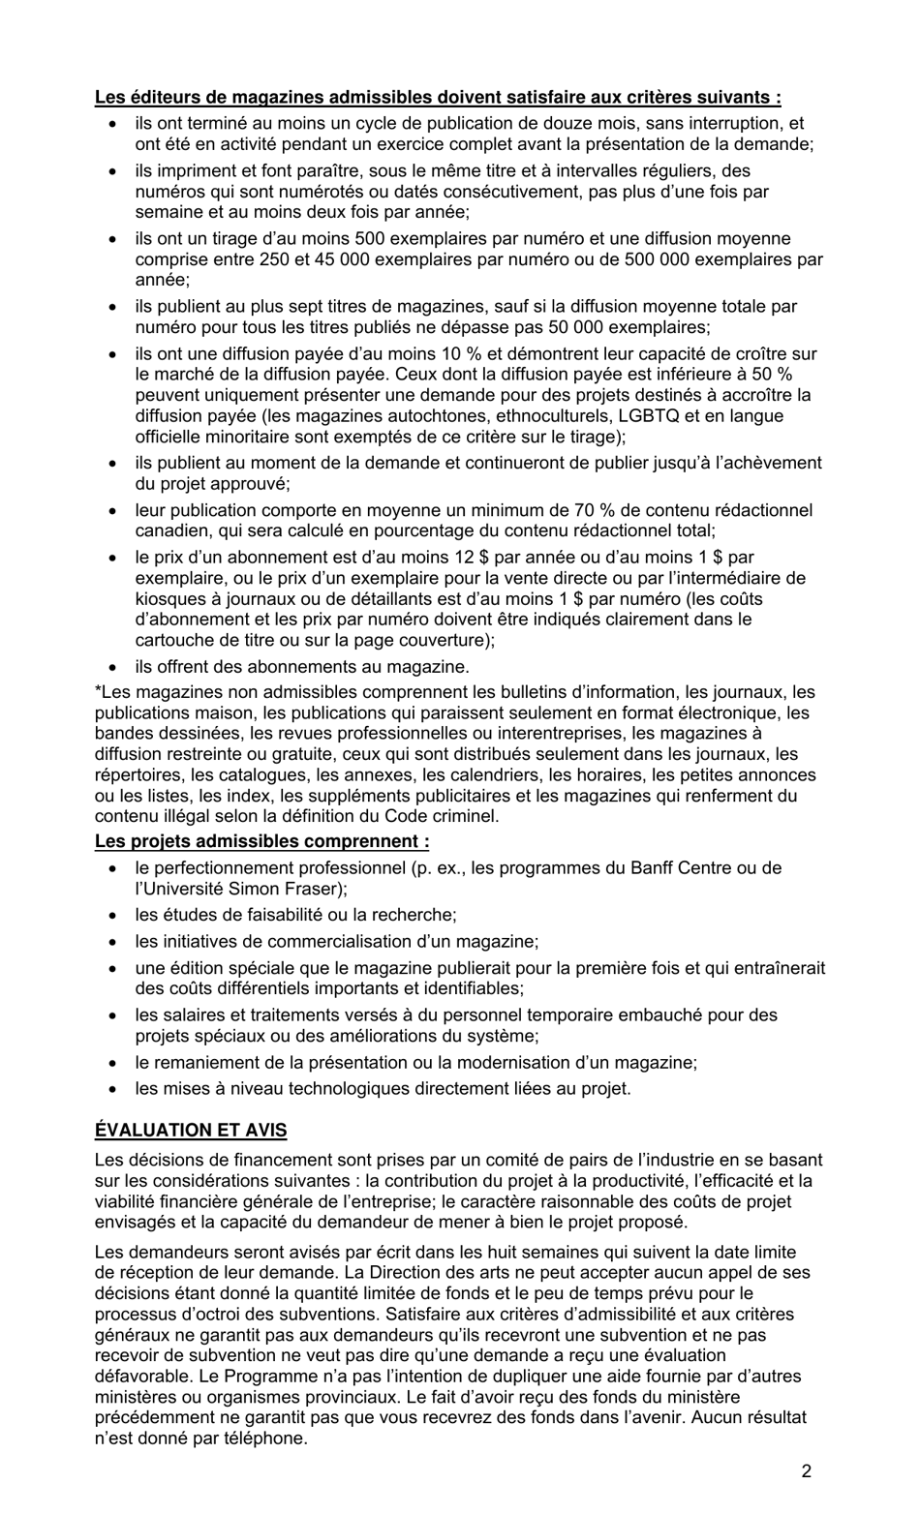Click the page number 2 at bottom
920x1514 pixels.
(x=806, y=1472)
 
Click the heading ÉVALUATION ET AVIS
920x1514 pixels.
(x=191, y=1130)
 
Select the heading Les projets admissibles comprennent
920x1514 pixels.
(x=261, y=841)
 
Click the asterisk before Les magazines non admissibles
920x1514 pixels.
(x=98, y=691)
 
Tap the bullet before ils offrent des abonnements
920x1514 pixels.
(x=114, y=667)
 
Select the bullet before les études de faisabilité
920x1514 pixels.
(x=114, y=915)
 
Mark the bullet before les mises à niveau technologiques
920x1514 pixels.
(x=114, y=1088)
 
